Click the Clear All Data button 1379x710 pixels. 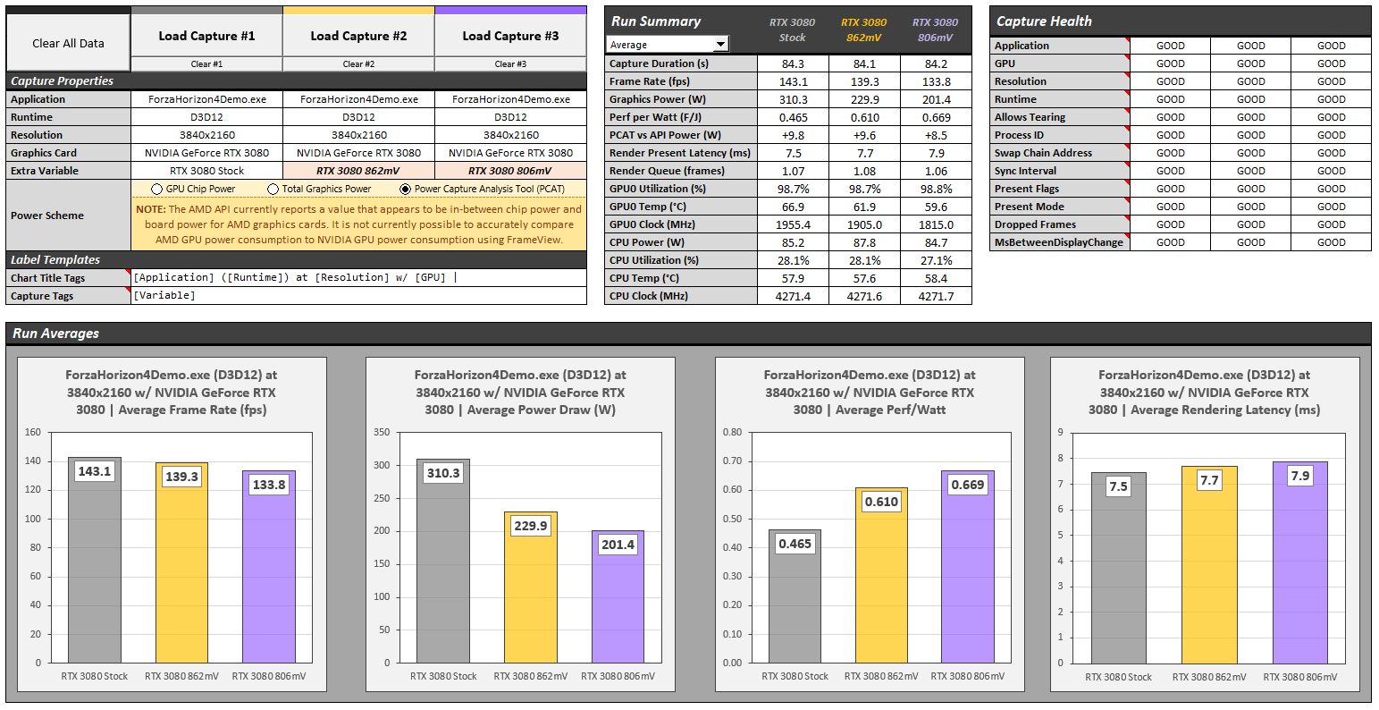coord(68,43)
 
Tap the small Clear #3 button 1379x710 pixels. coord(510,64)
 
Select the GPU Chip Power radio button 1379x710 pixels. coord(157,190)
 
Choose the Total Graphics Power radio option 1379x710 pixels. coord(273,190)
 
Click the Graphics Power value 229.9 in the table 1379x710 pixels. coord(864,99)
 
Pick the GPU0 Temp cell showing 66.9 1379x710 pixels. coord(793,207)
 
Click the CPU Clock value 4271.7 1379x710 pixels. coord(936,296)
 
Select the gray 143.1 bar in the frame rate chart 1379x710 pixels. coord(94,572)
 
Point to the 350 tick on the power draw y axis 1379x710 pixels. coord(382,433)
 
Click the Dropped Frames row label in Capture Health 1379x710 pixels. coord(1035,224)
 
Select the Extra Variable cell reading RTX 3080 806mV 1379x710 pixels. coord(510,171)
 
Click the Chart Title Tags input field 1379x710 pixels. coord(357,278)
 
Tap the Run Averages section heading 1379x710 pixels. coord(55,334)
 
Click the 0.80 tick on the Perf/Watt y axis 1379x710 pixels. coord(731,433)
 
